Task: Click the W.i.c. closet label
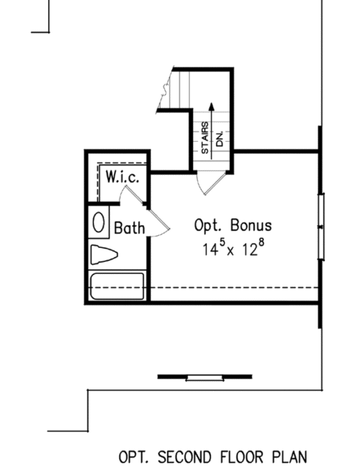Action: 122,176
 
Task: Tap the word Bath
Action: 130,228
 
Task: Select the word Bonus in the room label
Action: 251,225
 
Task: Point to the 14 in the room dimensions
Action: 210,250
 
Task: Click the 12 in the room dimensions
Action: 250,250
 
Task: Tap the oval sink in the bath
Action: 99,222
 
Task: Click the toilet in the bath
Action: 104,254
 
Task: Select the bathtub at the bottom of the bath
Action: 117,286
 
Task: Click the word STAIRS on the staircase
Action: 205,138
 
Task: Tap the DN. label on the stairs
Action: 220,139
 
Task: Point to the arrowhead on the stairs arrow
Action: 212,107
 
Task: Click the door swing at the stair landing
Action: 211,183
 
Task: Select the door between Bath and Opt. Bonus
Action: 159,222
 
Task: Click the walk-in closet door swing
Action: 130,195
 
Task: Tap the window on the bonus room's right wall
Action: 321,227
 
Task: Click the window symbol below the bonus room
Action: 205,377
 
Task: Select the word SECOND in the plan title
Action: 184,457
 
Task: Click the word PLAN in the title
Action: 289,457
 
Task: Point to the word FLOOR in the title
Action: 241,457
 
